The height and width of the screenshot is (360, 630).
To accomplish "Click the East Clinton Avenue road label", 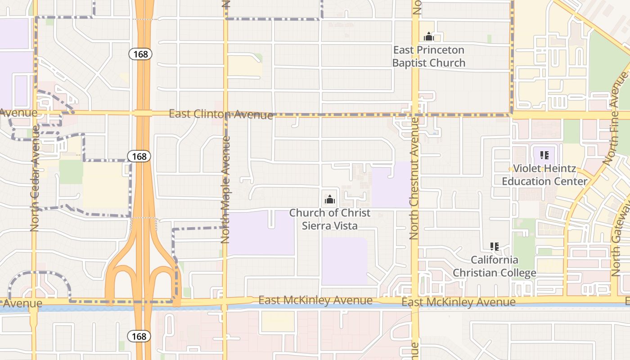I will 220,114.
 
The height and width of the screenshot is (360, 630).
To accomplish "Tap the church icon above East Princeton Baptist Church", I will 429,36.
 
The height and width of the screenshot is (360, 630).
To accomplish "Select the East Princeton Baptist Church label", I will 429,56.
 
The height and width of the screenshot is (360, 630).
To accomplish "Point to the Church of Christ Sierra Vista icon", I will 330,198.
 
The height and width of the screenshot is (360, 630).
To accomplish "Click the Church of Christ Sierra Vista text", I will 330,219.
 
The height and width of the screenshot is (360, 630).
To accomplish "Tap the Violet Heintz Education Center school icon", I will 544,156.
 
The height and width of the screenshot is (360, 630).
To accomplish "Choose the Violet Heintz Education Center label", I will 544,175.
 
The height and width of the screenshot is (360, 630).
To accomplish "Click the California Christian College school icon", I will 495,247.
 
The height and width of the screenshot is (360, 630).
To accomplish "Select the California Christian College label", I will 494,266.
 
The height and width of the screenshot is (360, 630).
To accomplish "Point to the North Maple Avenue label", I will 226,190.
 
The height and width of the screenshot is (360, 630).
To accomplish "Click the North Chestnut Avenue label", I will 414,178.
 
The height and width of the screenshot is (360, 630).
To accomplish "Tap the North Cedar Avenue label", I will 35,179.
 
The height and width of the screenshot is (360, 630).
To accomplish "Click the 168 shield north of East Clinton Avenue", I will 140,54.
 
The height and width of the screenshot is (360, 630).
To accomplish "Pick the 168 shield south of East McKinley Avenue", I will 139,336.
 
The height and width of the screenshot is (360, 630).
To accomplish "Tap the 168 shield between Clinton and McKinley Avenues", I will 139,156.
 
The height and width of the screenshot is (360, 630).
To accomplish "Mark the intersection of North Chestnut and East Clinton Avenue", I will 415,115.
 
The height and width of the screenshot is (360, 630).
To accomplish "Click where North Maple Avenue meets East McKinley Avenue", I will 225,301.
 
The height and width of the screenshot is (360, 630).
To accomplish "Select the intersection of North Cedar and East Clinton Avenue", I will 35,112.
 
